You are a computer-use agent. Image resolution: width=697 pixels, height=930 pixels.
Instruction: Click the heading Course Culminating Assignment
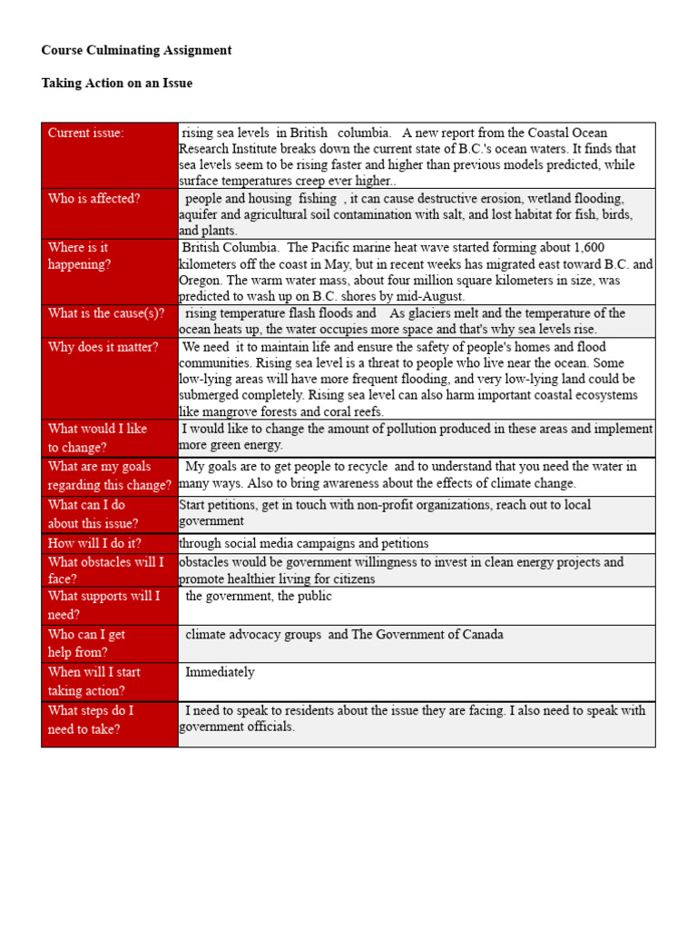coord(136,50)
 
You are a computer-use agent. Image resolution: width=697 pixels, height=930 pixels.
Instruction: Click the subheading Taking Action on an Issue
coord(116,83)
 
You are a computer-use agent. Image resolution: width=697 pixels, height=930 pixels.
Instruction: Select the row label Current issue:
coord(86,133)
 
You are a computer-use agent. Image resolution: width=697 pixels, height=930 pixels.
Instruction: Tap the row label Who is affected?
coord(93,198)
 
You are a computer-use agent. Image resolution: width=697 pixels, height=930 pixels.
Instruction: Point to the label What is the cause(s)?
coord(106,313)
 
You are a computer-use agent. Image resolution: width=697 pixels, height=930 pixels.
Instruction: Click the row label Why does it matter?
coord(103,347)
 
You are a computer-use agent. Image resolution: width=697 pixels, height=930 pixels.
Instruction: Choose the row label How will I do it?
coord(94,543)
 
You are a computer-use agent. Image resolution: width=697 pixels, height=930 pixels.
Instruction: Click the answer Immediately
coord(220,672)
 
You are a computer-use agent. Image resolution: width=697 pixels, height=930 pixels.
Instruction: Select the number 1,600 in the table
coord(587,248)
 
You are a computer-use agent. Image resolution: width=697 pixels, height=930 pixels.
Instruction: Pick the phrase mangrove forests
coord(258,411)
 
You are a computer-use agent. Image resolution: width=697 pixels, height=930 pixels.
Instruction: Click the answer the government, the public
coord(259,596)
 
